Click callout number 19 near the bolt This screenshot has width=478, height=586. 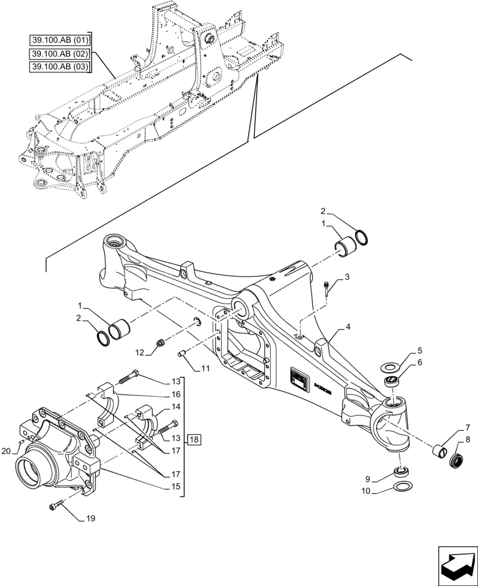pyautogui.click(x=90, y=519)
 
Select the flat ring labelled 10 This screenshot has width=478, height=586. pyautogui.click(x=402, y=486)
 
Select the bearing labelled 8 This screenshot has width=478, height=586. pyautogui.click(x=456, y=459)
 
